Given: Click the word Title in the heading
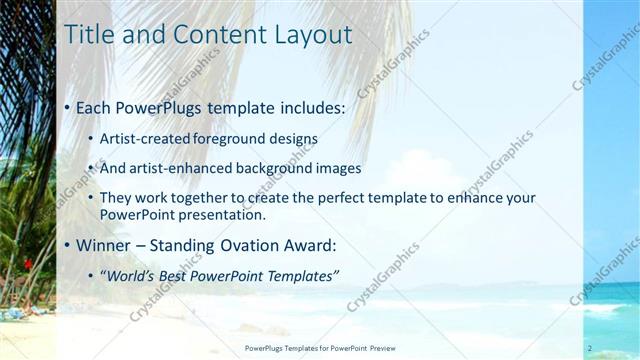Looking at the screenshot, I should pos(87,34).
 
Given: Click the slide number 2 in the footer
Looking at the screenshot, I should pos(590,348).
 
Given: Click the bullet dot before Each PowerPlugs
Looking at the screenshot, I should pos(67,106).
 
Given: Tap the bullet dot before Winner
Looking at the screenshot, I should pos(67,245).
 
